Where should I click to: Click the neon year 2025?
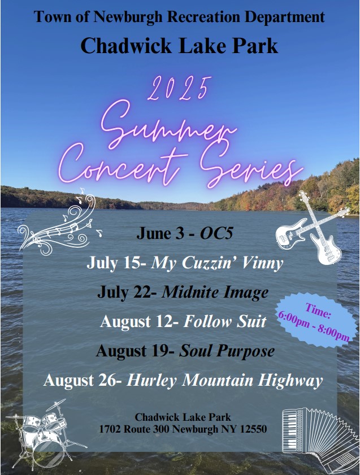click(179, 89)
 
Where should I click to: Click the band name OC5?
click(216, 234)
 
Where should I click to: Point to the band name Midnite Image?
click(215, 293)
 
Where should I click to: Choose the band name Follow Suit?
click(225, 321)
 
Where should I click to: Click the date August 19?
click(133, 351)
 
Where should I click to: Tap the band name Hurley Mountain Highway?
click(224, 381)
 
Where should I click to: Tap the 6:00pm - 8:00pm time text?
click(314, 327)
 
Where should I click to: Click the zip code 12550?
click(254, 429)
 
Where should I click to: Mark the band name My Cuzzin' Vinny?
click(217, 263)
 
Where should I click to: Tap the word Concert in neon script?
click(123, 164)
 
